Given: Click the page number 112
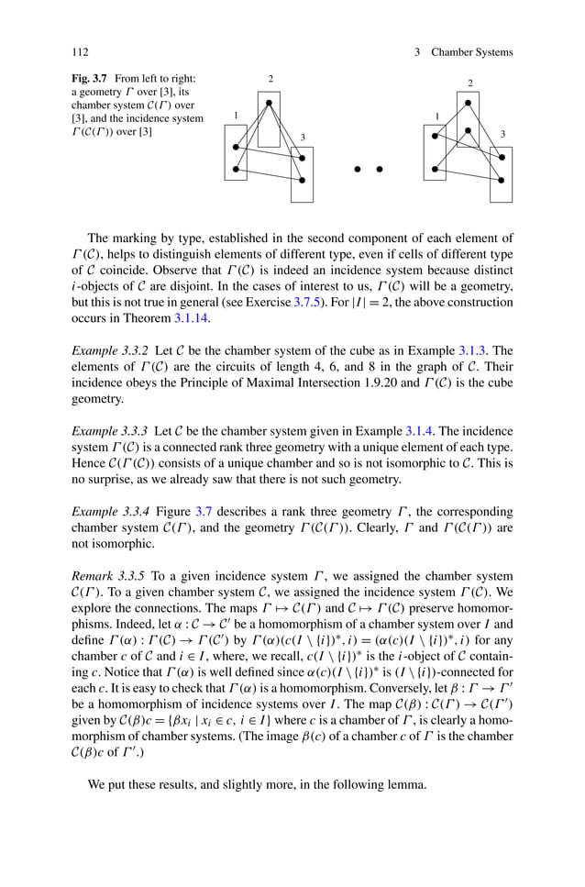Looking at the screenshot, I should (x=79, y=52).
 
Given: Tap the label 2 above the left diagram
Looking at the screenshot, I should (x=270, y=79).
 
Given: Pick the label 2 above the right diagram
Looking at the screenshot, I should (x=470, y=83).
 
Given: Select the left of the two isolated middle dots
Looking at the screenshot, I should (x=357, y=169).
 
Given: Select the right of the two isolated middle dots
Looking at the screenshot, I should (x=379, y=169).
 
